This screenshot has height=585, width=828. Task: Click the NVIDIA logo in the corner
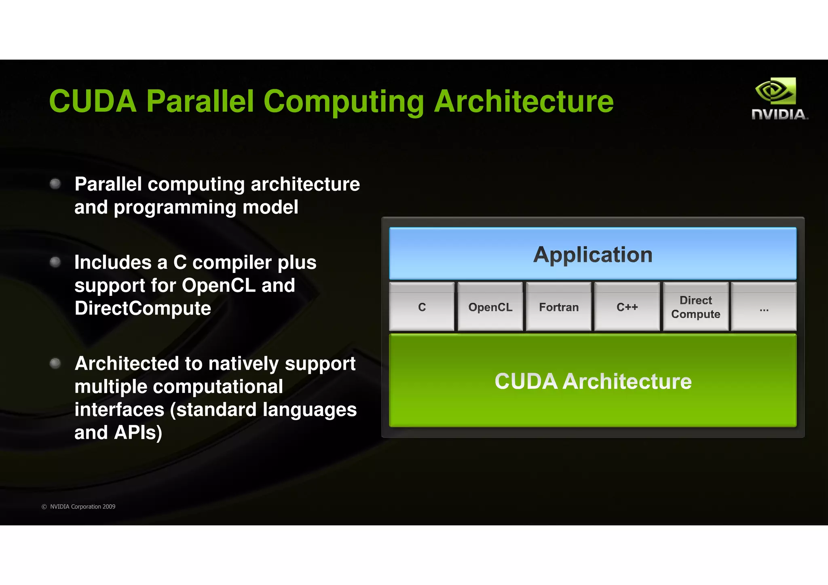779,99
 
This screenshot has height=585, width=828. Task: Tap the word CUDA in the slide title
93,101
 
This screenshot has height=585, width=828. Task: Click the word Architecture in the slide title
524,101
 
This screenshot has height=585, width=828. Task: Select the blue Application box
593,254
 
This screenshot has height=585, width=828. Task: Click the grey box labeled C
422,307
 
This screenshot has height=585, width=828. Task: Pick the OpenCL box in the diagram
490,307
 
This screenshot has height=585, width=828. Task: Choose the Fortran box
559,307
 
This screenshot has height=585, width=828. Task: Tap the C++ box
627,307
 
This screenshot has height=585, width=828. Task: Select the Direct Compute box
695,307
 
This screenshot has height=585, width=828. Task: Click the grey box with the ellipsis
764,307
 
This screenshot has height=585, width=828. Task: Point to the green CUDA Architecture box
593,381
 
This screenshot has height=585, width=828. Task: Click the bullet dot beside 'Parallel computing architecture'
55,184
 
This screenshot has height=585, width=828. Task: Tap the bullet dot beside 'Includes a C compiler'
55,262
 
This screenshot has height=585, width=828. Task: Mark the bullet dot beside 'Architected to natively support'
55,363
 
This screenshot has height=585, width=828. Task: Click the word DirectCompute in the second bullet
143,308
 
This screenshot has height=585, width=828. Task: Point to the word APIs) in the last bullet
138,433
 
